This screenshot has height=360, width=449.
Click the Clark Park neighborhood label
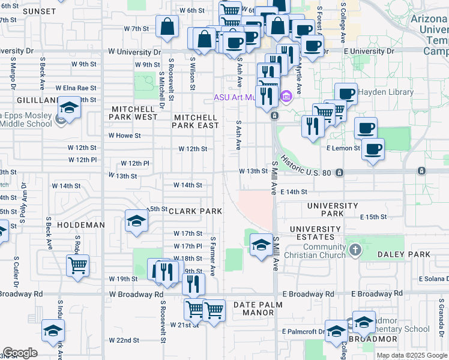pyautogui.click(x=195, y=211)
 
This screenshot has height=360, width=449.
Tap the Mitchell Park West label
pyautogui.click(x=134, y=113)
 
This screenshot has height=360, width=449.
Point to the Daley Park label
pyautogui.click(x=404, y=254)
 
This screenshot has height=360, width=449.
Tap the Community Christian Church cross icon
pyautogui.click(x=355, y=249)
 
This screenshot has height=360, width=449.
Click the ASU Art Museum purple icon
pyautogui.click(x=286, y=96)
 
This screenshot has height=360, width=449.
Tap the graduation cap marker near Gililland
pyautogui.click(x=70, y=109)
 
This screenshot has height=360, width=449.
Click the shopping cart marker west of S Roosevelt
pyautogui.click(x=77, y=265)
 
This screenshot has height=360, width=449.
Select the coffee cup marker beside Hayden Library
pyautogui.click(x=346, y=93)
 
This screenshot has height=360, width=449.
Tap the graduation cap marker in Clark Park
pyautogui.click(x=136, y=220)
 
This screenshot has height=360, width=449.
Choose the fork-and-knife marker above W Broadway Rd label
pyautogui.click(x=193, y=284)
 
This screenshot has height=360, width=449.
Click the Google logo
pyautogui.click(x=20, y=353)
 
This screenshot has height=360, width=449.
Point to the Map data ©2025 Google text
pyautogui.click(x=412, y=355)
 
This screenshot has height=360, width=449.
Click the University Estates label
pyautogui.click(x=315, y=229)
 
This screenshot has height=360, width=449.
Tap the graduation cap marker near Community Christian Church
pyautogui.click(x=261, y=244)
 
